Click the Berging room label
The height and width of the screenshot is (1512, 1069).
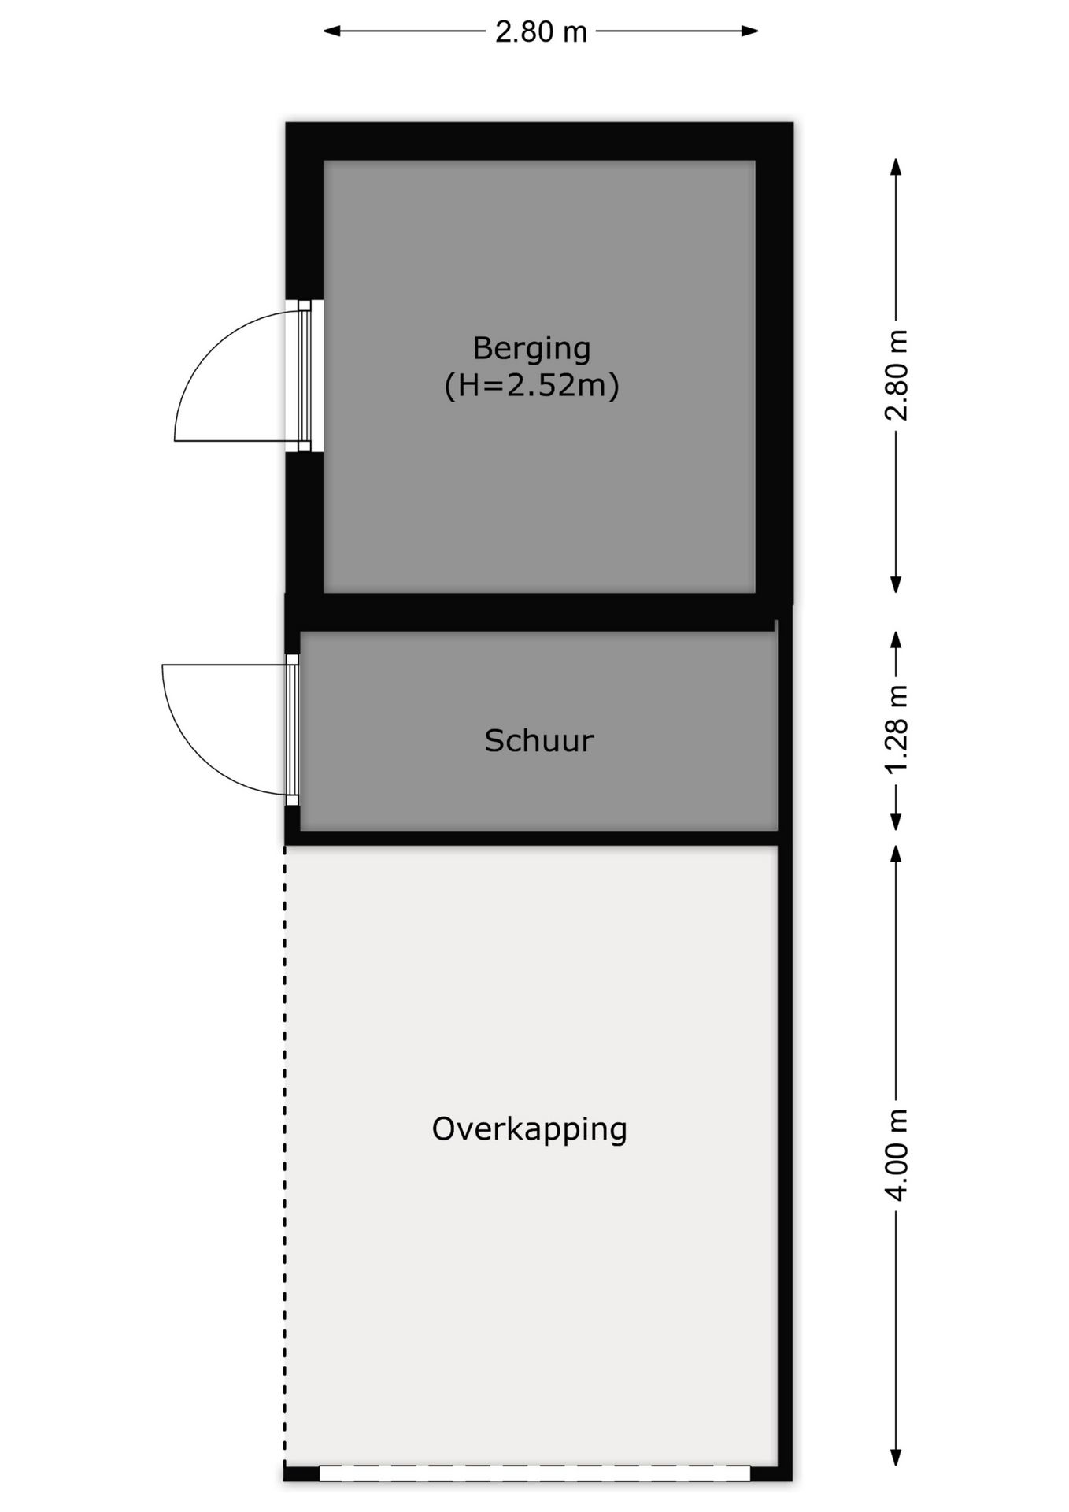(x=531, y=349)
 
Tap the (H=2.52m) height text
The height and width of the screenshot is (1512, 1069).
(x=531, y=386)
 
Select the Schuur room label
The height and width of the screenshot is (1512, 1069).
(x=538, y=741)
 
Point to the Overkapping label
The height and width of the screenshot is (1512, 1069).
(x=529, y=1129)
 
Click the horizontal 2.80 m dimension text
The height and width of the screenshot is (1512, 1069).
(x=541, y=31)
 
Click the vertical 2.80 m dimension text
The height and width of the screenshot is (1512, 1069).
(x=897, y=376)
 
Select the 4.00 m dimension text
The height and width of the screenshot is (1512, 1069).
(x=897, y=1154)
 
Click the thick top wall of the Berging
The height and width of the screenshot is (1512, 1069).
(x=539, y=142)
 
